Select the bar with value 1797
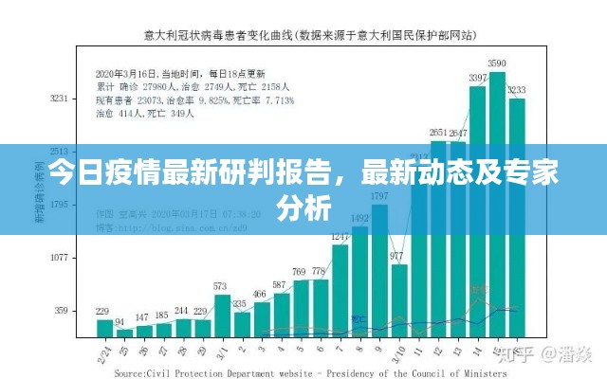pos(378,270)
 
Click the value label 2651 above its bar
pos(437,133)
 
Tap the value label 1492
pos(359,218)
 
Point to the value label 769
pos(301,271)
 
